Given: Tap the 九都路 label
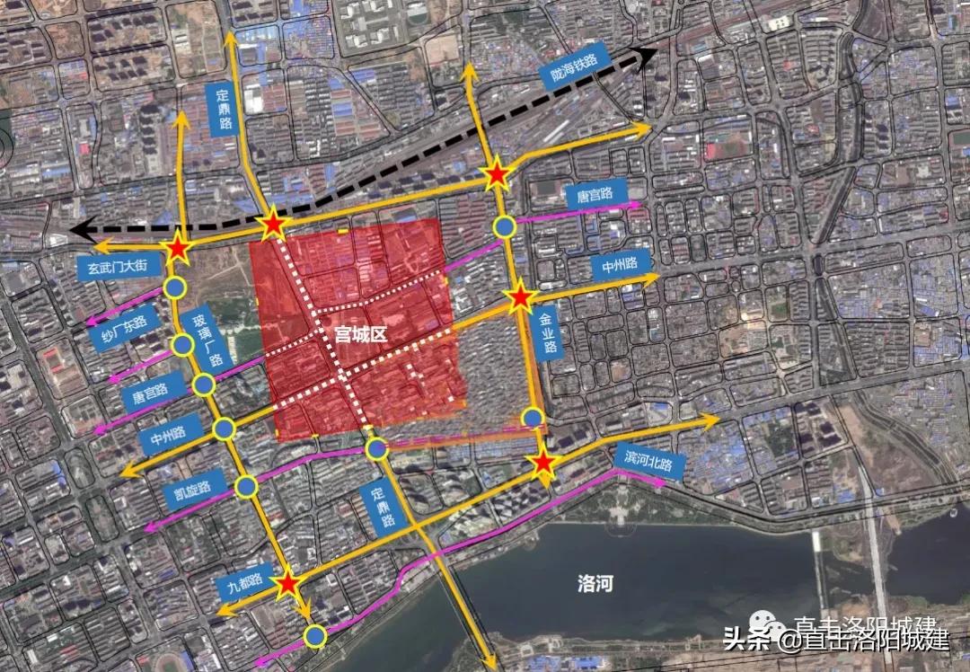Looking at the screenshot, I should pos(243,584).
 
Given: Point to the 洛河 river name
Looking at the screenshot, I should pos(595,585).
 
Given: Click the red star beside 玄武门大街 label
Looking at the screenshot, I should pos(178,249).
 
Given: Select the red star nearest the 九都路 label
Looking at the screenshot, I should pos(287,585).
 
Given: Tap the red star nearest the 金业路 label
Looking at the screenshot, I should pos(519,297).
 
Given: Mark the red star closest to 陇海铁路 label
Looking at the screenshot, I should pos(497,175).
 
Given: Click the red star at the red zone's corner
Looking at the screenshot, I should pos(273,225).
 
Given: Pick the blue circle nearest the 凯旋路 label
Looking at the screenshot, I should pos(246,487).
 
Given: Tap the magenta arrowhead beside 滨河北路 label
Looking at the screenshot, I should pos(660,482).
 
